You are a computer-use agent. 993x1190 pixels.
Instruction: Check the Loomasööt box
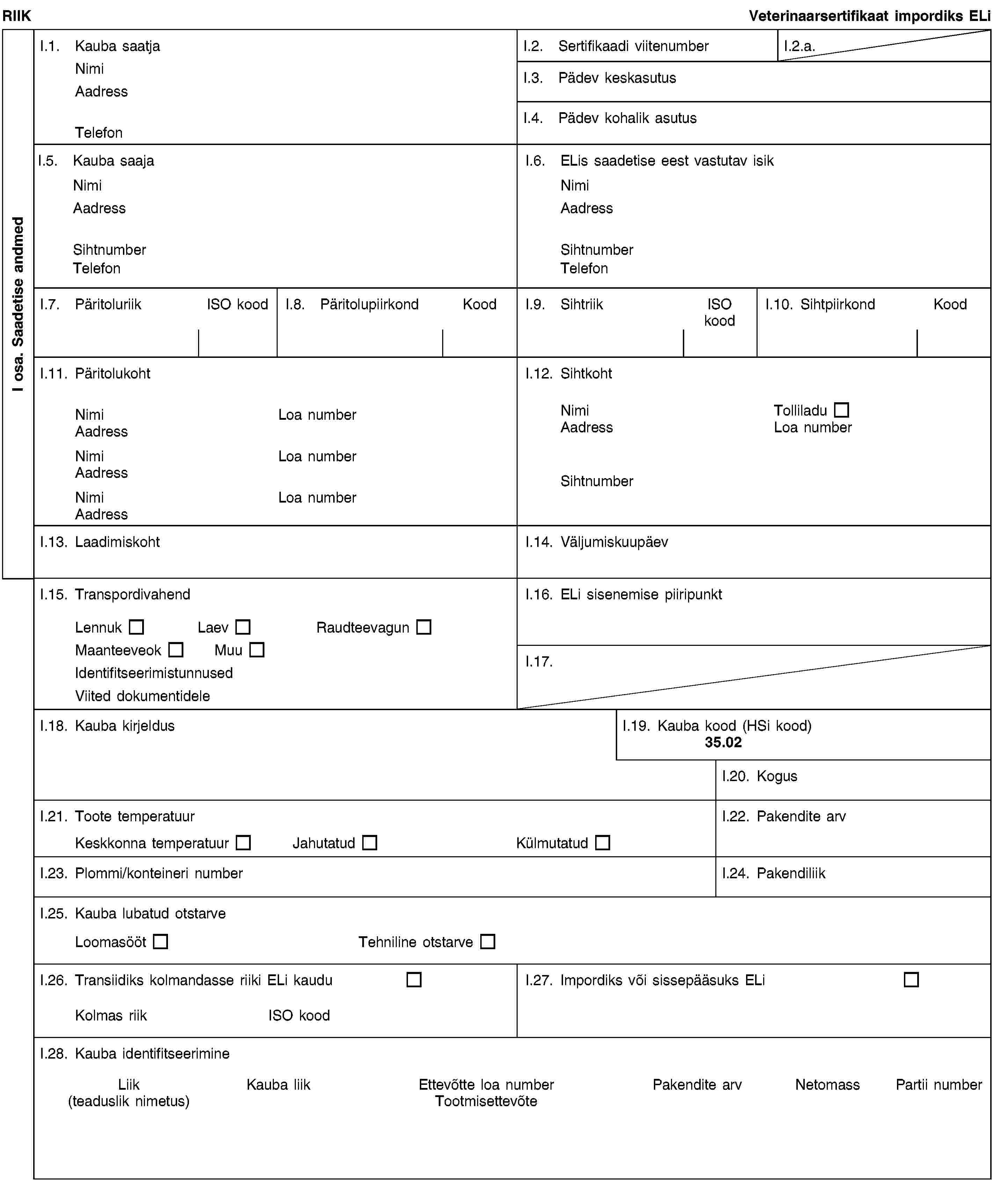click(x=161, y=942)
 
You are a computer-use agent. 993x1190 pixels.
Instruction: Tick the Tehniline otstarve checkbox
click(x=488, y=942)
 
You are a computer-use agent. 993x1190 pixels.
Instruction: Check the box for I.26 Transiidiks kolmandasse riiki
click(x=414, y=980)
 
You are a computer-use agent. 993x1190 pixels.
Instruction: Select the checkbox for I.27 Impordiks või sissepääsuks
click(x=911, y=980)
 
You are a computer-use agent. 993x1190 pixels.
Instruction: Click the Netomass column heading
click(x=827, y=1084)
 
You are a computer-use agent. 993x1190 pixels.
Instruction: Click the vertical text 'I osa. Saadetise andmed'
click(x=18, y=304)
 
